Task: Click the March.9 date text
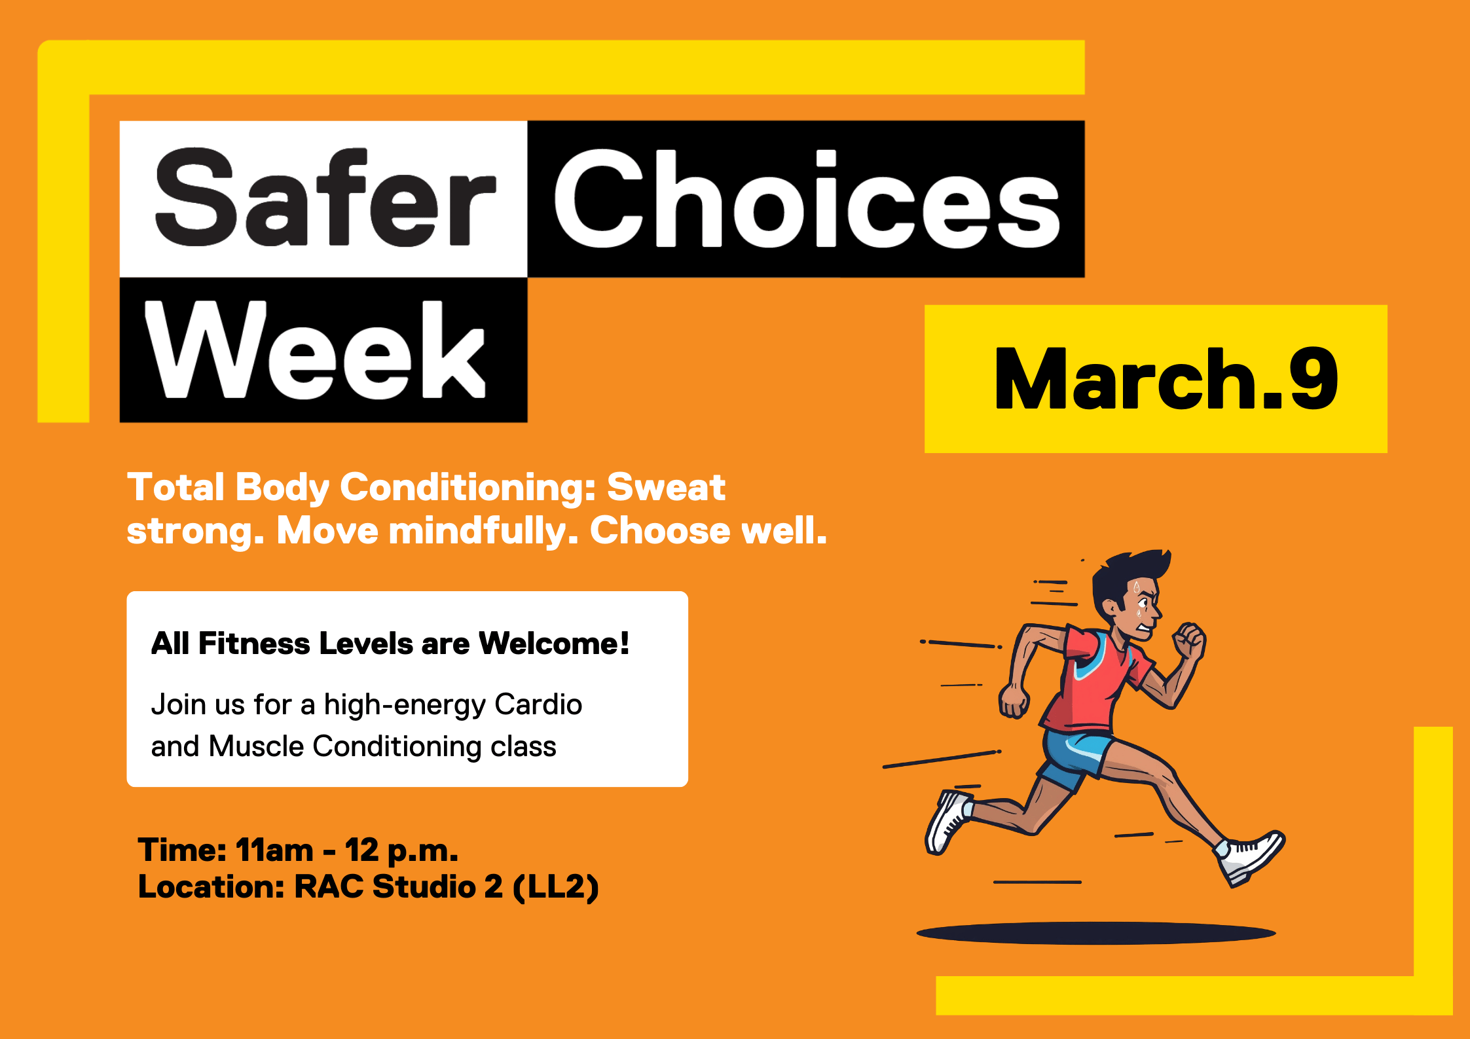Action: coord(1166,380)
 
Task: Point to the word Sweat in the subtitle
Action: coord(666,488)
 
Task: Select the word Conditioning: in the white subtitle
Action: coord(468,488)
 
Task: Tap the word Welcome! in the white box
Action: coord(554,644)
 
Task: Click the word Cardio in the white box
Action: coord(538,705)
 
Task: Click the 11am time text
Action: coord(274,850)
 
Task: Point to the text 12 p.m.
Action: coord(401,850)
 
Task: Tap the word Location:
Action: coord(211,887)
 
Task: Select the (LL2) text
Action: coord(556,887)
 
